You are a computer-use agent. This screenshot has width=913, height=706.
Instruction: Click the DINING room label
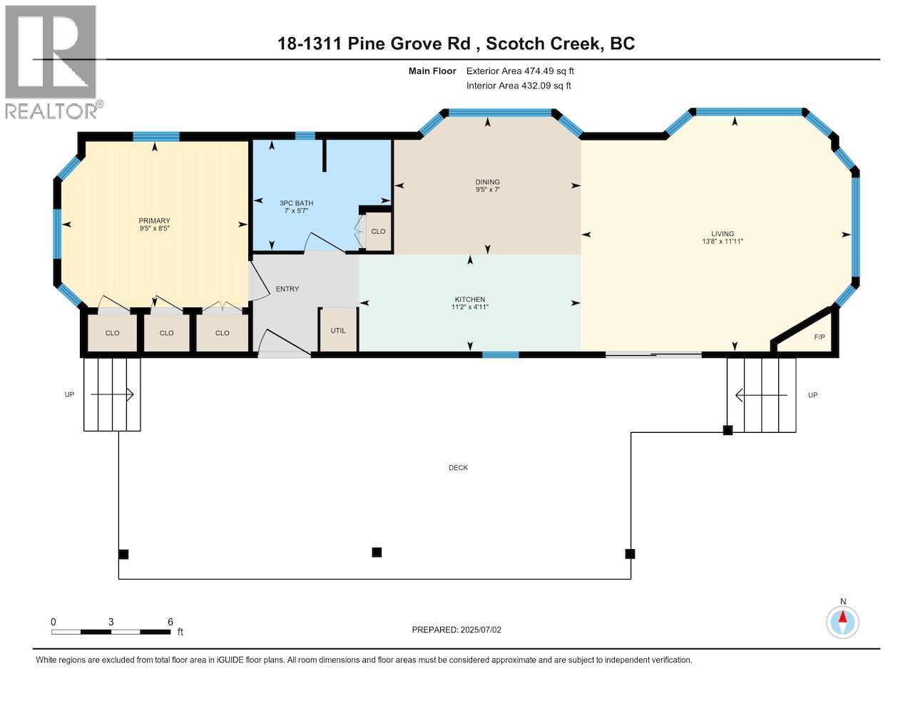(x=487, y=182)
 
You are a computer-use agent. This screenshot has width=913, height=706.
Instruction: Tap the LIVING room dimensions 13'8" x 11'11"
(x=723, y=242)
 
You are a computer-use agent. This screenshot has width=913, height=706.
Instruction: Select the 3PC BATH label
(x=296, y=203)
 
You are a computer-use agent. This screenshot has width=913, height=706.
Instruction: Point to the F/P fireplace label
(x=820, y=337)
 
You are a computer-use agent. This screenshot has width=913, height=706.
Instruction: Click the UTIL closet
(x=338, y=330)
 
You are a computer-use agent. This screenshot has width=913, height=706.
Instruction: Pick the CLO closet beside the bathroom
(x=378, y=232)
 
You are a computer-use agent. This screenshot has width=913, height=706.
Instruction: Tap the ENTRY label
(x=287, y=289)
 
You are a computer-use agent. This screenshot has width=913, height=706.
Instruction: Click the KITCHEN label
(x=470, y=300)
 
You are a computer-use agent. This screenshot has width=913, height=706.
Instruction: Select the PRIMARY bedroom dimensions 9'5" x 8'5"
(x=154, y=228)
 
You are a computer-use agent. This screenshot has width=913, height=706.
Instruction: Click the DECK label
(x=458, y=467)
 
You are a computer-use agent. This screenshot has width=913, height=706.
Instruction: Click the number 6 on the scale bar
(x=170, y=622)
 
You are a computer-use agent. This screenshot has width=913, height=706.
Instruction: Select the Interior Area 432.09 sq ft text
(x=519, y=86)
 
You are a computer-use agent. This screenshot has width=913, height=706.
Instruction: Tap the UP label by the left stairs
(x=69, y=394)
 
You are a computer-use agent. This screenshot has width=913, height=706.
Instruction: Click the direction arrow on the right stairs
(x=761, y=395)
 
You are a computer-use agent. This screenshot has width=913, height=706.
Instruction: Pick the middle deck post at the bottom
(x=377, y=552)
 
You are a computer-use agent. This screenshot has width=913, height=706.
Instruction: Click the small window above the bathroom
(x=305, y=136)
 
